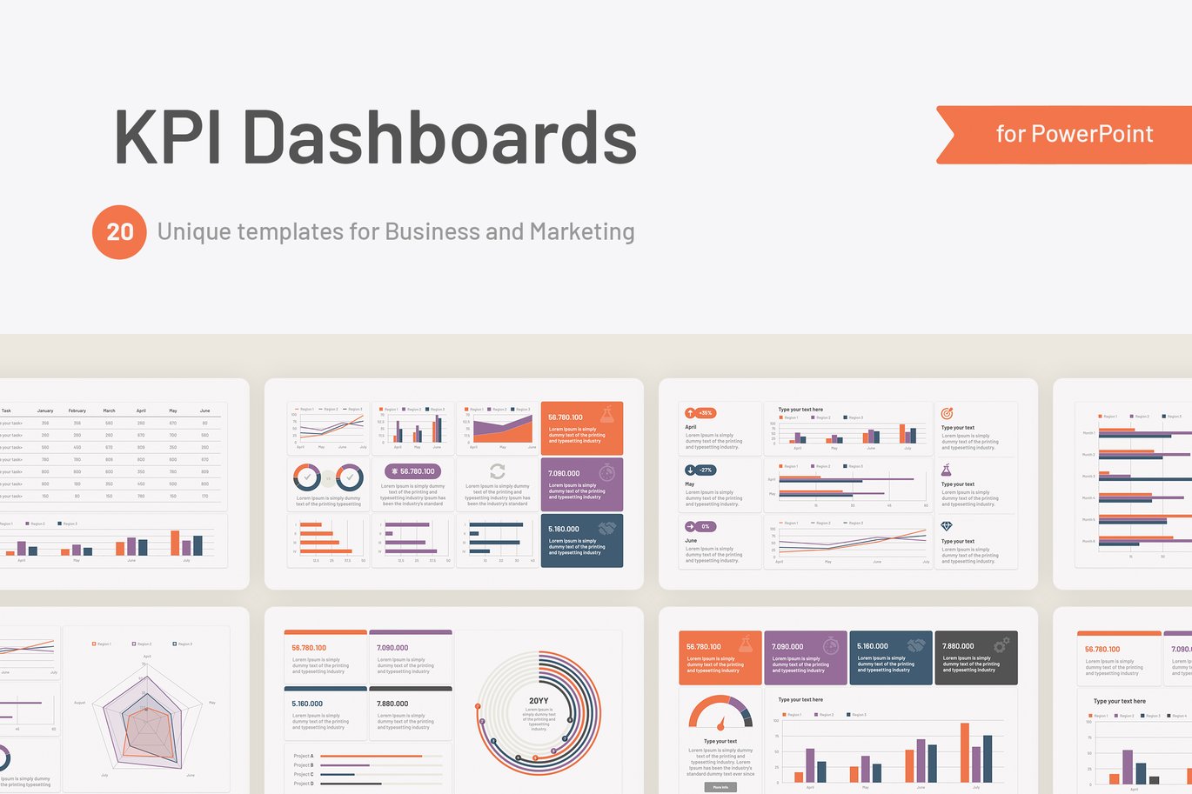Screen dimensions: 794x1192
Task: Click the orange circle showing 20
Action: click(119, 232)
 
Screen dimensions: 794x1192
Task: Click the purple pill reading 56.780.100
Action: click(412, 471)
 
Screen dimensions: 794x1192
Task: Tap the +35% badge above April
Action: click(700, 413)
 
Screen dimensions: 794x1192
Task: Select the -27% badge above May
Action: click(700, 470)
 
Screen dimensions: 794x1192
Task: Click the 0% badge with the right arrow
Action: click(700, 526)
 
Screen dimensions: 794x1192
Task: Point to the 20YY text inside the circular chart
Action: click(539, 701)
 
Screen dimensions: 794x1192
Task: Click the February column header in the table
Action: click(77, 410)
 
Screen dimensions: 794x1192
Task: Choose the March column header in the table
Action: click(109, 410)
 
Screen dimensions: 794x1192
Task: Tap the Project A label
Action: click(304, 756)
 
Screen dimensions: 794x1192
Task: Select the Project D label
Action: click(304, 784)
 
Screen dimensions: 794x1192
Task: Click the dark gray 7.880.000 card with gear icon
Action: click(975, 657)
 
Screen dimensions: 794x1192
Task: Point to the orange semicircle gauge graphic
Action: click(720, 712)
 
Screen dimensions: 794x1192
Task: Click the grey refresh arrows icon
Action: click(498, 471)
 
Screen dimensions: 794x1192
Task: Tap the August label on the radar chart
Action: click(80, 703)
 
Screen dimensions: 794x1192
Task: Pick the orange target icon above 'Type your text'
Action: click(947, 413)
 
